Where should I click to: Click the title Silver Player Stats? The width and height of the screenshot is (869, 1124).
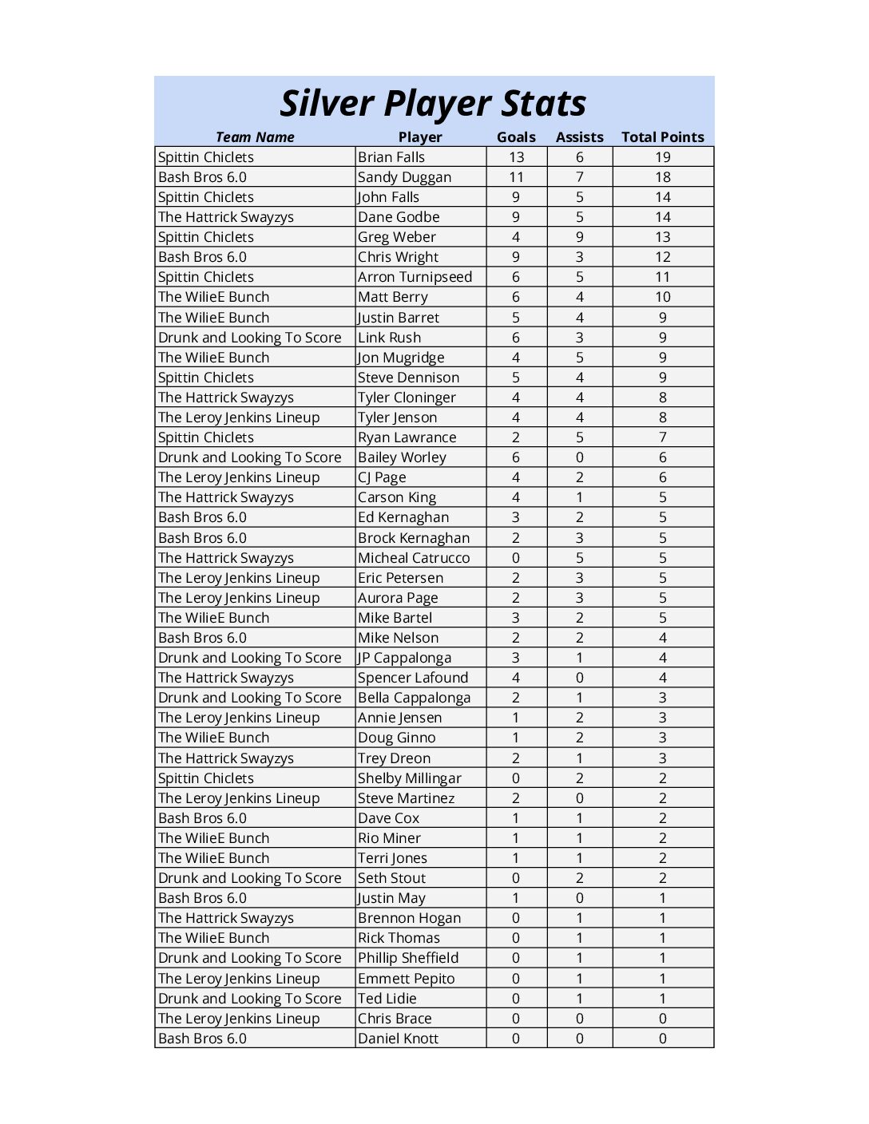coord(433,104)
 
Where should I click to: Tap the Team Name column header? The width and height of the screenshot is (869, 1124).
coord(255,137)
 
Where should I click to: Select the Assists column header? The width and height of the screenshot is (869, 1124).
coord(579,137)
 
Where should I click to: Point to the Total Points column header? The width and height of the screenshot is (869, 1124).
coord(662,137)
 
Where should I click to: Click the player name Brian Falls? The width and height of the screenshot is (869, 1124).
coord(391,157)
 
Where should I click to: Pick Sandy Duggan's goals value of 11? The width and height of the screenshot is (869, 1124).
coord(516,177)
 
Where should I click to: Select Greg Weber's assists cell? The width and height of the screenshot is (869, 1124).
coord(579,237)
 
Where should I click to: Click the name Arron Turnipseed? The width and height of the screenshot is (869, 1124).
coord(415,277)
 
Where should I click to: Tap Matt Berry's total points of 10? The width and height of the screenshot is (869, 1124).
coord(662,297)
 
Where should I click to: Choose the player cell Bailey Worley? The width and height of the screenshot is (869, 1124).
coord(402,457)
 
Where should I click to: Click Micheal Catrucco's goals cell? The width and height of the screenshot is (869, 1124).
coord(516,558)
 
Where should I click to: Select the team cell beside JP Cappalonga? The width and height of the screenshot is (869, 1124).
coord(249,658)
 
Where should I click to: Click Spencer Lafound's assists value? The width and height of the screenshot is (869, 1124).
coord(579,678)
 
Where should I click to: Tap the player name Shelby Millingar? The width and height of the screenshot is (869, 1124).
coord(410,778)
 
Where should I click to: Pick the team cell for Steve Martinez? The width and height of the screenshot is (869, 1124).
coord(239,798)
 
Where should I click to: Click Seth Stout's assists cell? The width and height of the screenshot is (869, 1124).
coord(579,878)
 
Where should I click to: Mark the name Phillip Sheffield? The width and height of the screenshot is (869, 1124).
coord(408,958)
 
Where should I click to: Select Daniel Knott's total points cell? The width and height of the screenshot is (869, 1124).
coord(662,1039)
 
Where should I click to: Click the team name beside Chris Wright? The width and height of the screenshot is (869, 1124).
coord(202,257)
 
